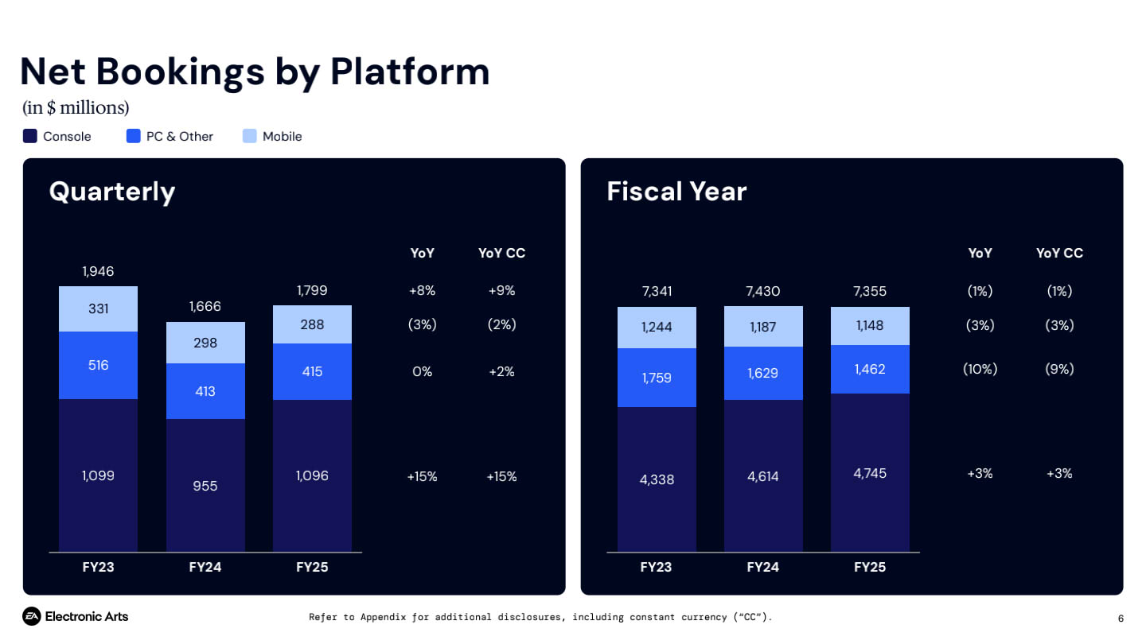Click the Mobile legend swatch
pyautogui.click(x=249, y=136)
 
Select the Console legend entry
pyautogui.click(x=57, y=136)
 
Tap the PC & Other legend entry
pyautogui.click(x=170, y=136)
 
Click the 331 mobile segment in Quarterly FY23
pyautogui.click(x=98, y=308)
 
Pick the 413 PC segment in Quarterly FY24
pyautogui.click(x=205, y=391)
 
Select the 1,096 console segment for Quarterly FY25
pyautogui.click(x=312, y=475)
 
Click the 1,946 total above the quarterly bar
pyautogui.click(x=98, y=271)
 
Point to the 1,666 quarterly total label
pyautogui.click(x=205, y=306)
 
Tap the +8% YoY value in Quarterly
pyautogui.click(x=422, y=290)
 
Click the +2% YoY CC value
pyautogui.click(x=501, y=371)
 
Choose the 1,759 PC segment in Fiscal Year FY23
pyautogui.click(x=657, y=378)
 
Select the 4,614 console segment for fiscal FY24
pyautogui.click(x=763, y=476)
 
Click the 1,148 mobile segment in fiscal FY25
pyautogui.click(x=870, y=325)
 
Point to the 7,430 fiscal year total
pyautogui.click(x=763, y=291)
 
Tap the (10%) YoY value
pyautogui.click(x=980, y=369)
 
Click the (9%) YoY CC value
pyautogui.click(x=1059, y=369)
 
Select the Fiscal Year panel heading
pyautogui.click(x=676, y=192)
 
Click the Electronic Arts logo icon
pyautogui.click(x=31, y=616)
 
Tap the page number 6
pyautogui.click(x=1121, y=619)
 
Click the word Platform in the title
pyautogui.click(x=410, y=72)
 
